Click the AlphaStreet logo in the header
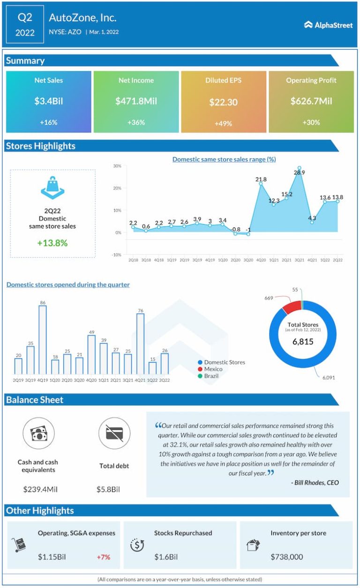click(x=328, y=25)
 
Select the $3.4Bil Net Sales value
click(x=48, y=101)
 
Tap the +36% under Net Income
click(x=136, y=122)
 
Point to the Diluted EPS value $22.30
click(x=223, y=102)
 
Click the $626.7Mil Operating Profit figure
click(x=311, y=101)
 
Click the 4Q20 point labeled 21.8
click(x=261, y=184)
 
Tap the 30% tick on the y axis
click(x=117, y=166)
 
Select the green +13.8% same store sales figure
click(x=52, y=243)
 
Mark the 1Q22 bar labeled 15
click(x=152, y=368)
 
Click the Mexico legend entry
click(x=214, y=369)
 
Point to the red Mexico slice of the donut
click(x=291, y=307)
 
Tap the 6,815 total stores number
click(x=303, y=342)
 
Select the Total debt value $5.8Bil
click(x=108, y=489)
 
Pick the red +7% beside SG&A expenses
click(x=104, y=557)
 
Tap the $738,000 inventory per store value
click(x=287, y=557)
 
